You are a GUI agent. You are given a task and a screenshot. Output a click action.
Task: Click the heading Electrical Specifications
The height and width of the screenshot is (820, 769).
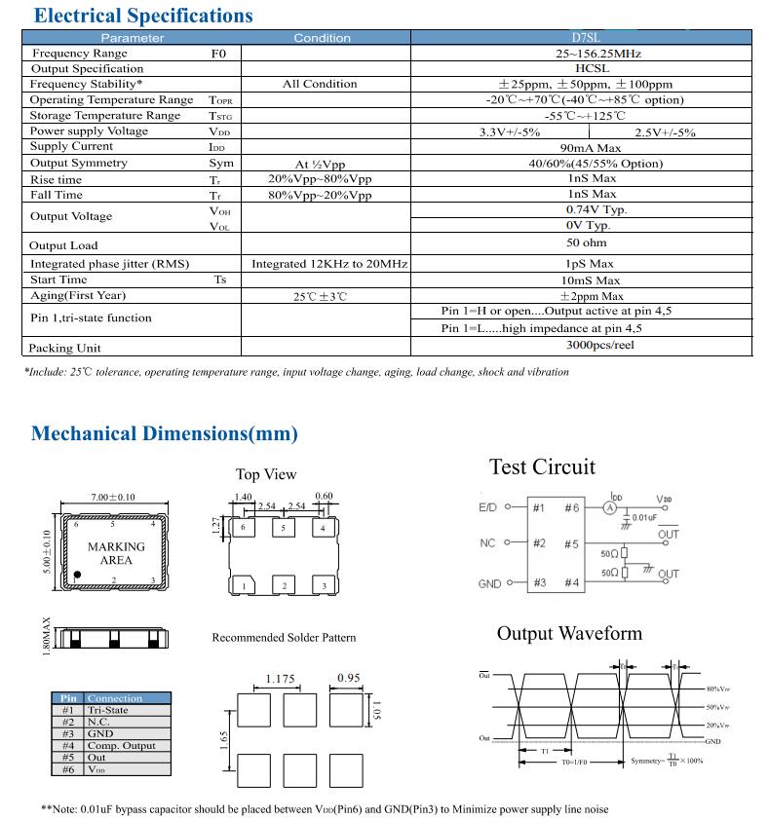pos(142,16)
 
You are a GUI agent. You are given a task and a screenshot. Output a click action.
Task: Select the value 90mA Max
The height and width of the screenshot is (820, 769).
pos(581,147)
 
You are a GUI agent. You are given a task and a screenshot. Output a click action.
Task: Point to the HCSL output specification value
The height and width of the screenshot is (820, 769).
pos(581,69)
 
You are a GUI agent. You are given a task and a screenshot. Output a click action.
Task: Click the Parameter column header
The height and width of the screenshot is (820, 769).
pos(133,38)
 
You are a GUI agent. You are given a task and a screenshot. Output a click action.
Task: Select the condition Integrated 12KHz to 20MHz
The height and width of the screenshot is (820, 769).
pos(328,264)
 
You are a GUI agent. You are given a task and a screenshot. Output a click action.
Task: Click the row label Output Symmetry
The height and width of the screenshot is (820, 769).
pos(79,164)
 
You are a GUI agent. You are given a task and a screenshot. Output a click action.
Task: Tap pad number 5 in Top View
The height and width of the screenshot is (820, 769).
pos(284,529)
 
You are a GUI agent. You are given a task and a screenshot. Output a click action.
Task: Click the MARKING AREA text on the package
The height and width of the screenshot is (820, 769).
pos(116,553)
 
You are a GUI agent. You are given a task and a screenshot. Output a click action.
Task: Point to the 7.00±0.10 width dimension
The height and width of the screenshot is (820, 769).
pos(113,498)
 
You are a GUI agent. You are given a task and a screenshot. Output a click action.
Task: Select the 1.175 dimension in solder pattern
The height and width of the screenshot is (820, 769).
pos(281,679)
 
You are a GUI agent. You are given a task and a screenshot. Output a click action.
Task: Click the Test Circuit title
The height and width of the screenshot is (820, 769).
pos(542,467)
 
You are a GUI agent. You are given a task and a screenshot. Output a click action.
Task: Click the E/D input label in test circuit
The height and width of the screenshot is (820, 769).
pos(488,508)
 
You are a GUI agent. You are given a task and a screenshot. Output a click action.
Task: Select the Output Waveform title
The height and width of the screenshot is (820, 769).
pos(569,634)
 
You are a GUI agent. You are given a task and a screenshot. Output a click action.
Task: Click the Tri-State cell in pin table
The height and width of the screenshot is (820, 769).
pos(108,711)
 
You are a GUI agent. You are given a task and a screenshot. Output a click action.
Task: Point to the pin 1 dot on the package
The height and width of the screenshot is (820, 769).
pos(78,576)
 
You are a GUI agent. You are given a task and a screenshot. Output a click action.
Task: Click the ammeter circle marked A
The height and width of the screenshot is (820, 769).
pos(610,507)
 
